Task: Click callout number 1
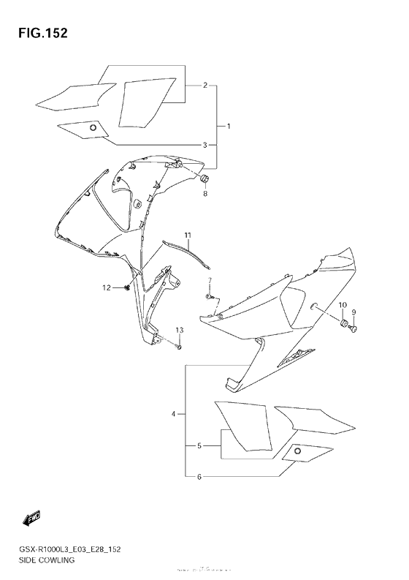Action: click(229, 127)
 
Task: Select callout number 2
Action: click(206, 86)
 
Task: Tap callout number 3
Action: click(206, 144)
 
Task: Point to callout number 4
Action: click(174, 415)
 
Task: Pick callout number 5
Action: click(199, 445)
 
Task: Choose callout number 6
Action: click(199, 477)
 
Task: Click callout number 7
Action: click(209, 281)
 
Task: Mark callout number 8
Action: click(205, 194)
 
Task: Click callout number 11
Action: click(188, 235)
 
